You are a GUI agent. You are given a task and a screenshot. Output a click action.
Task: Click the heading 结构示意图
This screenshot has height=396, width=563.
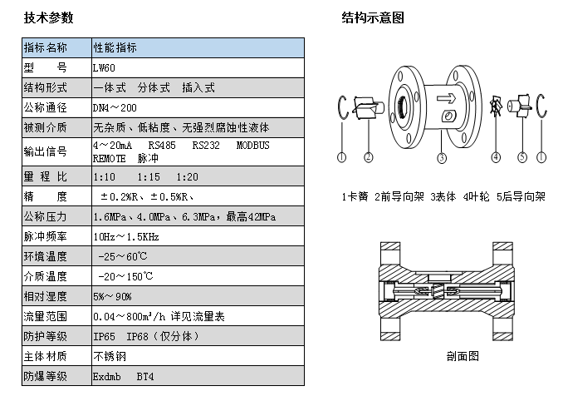pos(373,17)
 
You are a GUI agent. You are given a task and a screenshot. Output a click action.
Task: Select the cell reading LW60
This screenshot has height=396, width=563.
pos(105,67)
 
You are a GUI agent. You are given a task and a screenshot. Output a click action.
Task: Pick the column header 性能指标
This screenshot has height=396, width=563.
pos(115,47)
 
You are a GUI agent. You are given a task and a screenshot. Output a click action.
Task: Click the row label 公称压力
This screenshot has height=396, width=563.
pos(46,217)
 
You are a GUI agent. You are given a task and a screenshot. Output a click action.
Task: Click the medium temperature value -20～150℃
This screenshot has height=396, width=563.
pos(123,276)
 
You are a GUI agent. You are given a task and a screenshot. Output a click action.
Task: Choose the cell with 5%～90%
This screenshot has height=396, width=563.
pos(112,296)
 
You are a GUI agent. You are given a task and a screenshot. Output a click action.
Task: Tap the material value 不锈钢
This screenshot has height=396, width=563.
pos(106,356)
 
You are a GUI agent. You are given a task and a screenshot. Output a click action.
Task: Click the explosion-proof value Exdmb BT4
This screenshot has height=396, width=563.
pos(123,376)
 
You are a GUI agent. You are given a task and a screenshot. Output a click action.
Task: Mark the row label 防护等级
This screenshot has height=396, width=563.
pos(46,336)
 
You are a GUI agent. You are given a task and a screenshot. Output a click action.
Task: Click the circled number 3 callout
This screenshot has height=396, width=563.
pos(442,156)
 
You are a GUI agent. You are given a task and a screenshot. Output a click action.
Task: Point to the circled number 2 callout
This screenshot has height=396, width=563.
pos(368,156)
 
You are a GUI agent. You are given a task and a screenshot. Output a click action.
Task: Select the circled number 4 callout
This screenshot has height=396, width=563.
pos(496,156)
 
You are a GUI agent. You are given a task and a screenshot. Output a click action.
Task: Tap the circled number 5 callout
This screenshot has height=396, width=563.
pos(522,156)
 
